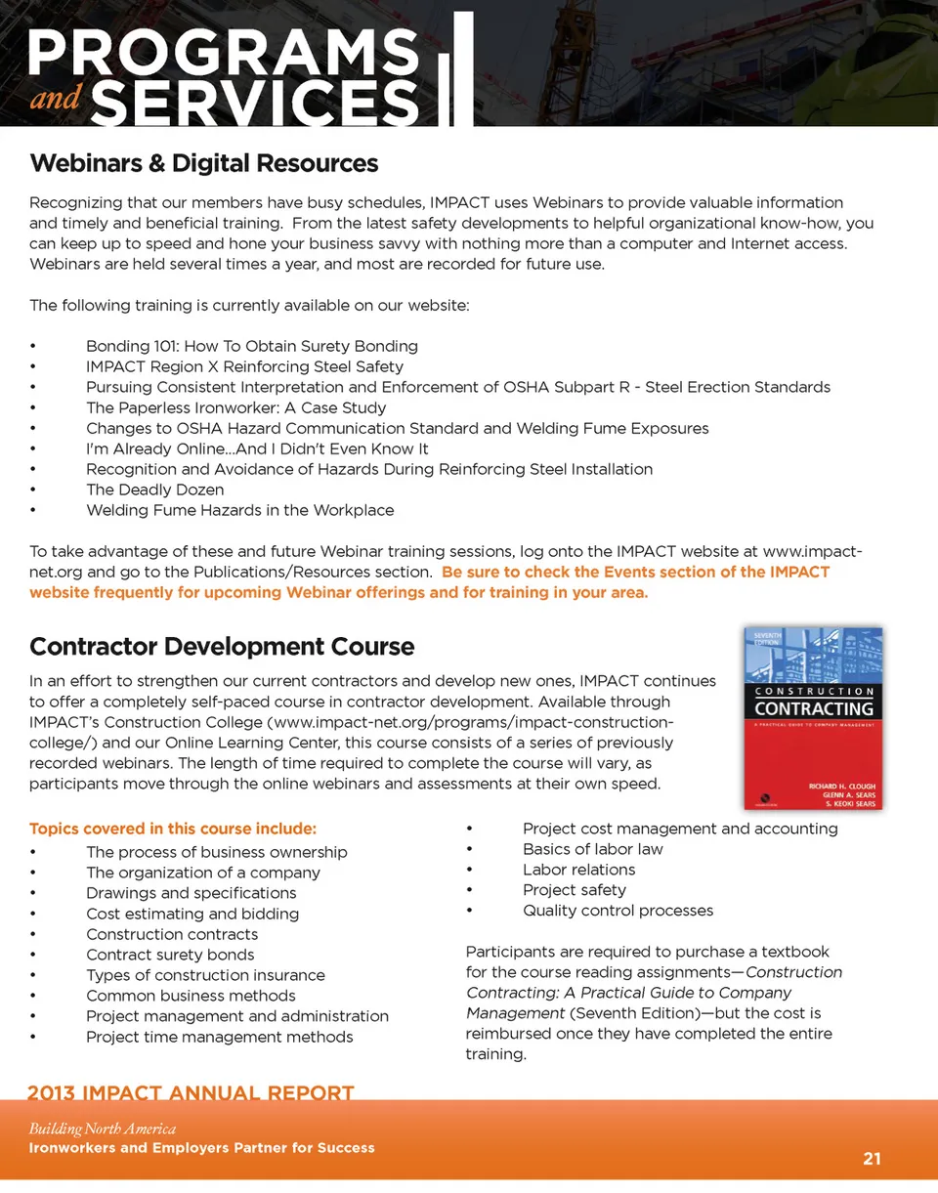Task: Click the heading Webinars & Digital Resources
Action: tap(203, 163)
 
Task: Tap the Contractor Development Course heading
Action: tap(222, 647)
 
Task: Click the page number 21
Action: tap(872, 1159)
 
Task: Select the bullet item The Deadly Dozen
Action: tap(154, 490)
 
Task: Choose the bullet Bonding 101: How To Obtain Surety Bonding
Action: tap(251, 346)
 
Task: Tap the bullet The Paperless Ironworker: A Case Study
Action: tap(235, 407)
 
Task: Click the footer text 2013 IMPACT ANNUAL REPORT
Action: tap(191, 1092)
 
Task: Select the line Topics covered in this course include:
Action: tap(173, 830)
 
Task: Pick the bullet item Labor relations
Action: tap(578, 870)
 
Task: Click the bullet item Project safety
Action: tap(574, 890)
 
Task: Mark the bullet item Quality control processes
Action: tap(618, 911)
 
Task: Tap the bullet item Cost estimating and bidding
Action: tap(192, 914)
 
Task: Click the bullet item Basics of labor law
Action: tap(592, 849)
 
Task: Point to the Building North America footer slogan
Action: tap(103, 1129)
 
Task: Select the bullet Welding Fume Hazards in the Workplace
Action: tap(239, 510)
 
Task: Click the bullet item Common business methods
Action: tap(191, 996)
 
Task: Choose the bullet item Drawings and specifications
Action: tap(191, 893)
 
